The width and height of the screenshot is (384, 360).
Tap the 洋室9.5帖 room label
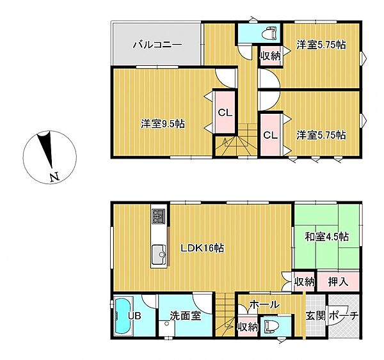click(x=163, y=124)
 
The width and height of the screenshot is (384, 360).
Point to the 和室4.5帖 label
click(x=326, y=236)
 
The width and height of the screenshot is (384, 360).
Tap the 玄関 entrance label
click(x=316, y=316)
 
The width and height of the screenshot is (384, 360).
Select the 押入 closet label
click(x=338, y=281)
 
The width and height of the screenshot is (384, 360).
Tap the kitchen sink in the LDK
click(x=157, y=257)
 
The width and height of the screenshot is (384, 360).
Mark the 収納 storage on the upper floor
click(x=270, y=56)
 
